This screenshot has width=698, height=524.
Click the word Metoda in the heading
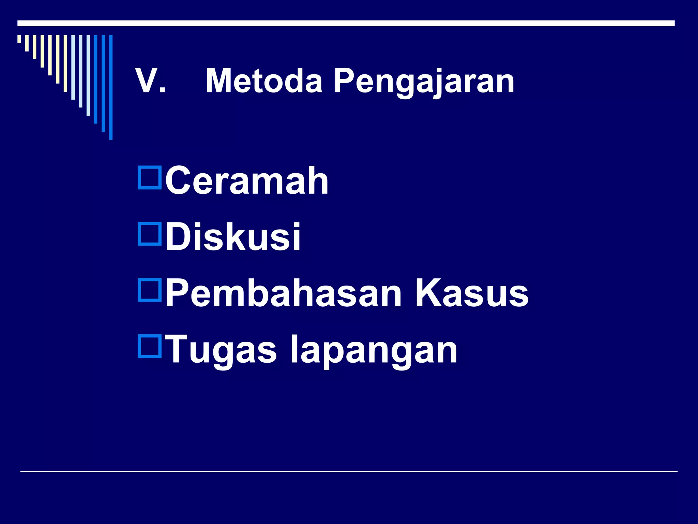(x=264, y=81)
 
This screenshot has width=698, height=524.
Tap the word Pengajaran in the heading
(x=424, y=82)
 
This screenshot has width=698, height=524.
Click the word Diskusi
(x=233, y=236)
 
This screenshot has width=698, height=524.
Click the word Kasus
(x=471, y=293)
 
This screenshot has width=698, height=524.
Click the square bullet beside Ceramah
(x=150, y=177)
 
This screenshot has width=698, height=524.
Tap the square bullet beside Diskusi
(x=150, y=234)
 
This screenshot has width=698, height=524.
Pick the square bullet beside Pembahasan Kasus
(x=150, y=290)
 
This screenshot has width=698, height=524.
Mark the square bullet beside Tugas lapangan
(x=150, y=347)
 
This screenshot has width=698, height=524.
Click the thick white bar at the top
(x=346, y=23)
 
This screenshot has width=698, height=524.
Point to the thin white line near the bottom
(x=349, y=471)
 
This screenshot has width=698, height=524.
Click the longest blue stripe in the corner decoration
(x=111, y=87)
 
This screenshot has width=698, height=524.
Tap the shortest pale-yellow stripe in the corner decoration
(x=19, y=39)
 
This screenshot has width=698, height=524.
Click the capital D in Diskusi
(x=178, y=236)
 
